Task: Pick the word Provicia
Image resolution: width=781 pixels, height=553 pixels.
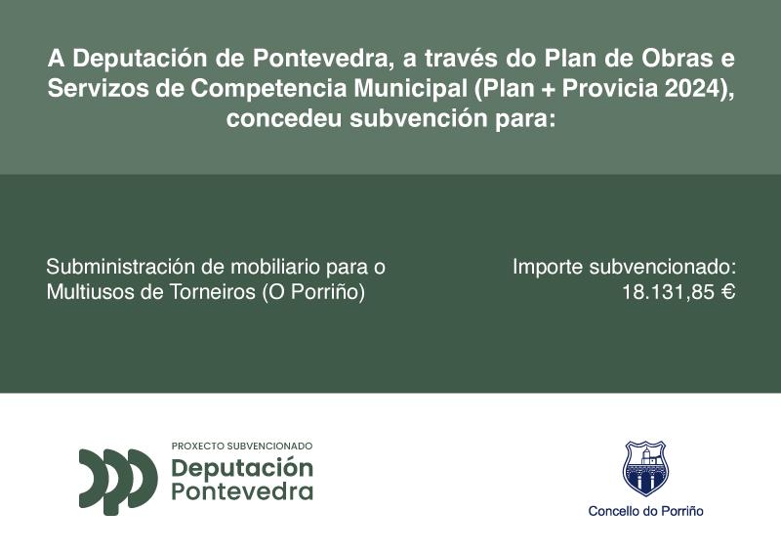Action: point(609,88)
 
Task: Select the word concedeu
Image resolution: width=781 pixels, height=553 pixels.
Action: point(283,119)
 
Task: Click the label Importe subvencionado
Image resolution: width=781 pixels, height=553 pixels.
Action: point(624,266)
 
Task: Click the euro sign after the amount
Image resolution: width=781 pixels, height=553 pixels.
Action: point(727,292)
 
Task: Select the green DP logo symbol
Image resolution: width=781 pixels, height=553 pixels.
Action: point(118,480)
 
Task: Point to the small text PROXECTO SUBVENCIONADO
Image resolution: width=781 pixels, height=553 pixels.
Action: point(242,446)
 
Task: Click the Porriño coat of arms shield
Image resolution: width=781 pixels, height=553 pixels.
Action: point(644,468)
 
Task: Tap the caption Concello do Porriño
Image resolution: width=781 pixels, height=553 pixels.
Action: point(645,511)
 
